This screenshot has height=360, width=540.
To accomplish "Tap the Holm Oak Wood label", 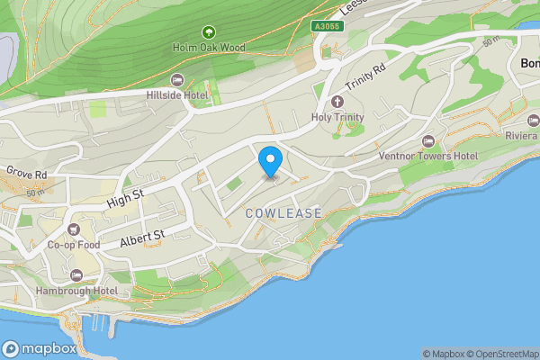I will (209, 46).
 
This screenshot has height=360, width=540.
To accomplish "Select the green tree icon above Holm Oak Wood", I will (209, 31).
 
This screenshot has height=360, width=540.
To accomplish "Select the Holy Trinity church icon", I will (338, 102).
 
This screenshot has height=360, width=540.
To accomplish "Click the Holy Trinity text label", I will (338, 117).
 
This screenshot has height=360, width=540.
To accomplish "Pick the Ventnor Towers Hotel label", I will (427, 156).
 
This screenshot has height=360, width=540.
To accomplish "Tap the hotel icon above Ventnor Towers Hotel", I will (427, 141).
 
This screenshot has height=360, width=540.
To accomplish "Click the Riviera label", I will (521, 135).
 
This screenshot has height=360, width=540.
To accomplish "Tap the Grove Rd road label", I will (24, 171).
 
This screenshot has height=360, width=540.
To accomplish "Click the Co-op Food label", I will (73, 244).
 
